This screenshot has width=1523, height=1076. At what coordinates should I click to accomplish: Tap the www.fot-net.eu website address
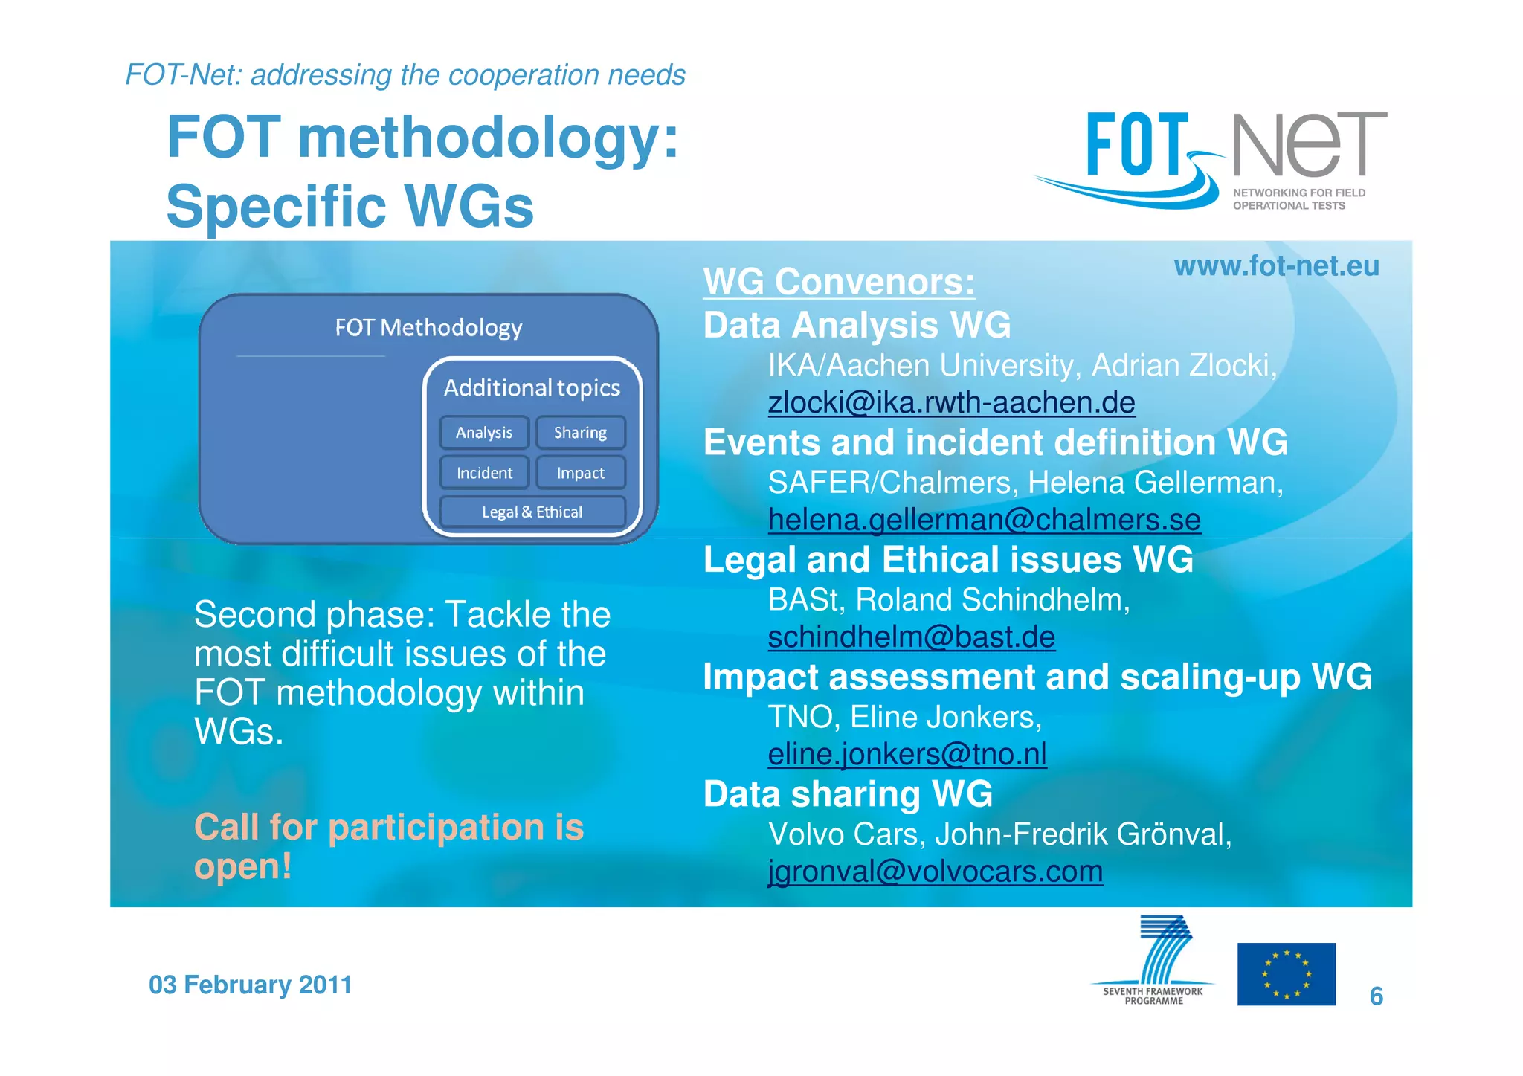click(1276, 266)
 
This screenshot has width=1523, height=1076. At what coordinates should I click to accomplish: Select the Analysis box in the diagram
click(484, 433)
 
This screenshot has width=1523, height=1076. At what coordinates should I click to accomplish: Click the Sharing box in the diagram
click(580, 433)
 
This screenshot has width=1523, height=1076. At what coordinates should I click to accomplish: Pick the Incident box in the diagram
click(484, 473)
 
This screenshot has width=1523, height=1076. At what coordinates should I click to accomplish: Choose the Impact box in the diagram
click(580, 473)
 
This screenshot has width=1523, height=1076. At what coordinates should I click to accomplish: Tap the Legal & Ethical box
click(532, 512)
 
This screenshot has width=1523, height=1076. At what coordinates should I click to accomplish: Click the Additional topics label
click(532, 388)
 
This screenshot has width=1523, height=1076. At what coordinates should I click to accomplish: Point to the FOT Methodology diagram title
click(428, 328)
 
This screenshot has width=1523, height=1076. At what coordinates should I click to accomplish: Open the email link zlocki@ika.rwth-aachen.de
click(951, 403)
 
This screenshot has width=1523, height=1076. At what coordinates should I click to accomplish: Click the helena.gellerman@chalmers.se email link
click(984, 521)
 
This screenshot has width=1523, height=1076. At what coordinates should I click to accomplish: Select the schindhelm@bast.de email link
click(911, 637)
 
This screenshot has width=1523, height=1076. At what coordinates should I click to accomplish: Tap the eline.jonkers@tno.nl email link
click(907, 755)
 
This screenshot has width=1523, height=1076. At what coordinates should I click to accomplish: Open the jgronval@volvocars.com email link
click(935, 872)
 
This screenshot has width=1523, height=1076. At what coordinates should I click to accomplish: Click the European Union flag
click(1286, 974)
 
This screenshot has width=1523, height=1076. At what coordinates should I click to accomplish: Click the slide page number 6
click(1376, 996)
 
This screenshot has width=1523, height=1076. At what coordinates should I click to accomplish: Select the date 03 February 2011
click(250, 985)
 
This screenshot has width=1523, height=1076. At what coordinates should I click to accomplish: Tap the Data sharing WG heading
click(848, 794)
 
